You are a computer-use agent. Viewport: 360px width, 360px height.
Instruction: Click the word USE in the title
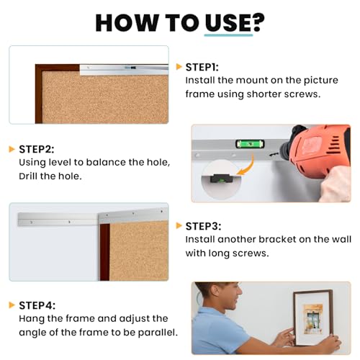(x=228, y=23)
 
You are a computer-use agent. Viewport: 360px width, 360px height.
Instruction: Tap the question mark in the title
(x=258, y=22)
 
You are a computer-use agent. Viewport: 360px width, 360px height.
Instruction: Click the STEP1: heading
(x=202, y=67)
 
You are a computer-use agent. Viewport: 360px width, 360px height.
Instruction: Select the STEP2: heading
(x=37, y=149)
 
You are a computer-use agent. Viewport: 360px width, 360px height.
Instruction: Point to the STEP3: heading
(x=203, y=226)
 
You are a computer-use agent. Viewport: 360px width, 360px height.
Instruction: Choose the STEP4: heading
(x=37, y=305)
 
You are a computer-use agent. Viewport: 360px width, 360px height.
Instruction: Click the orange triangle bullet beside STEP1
(x=179, y=67)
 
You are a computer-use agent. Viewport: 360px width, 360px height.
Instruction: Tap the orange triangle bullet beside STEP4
(x=12, y=305)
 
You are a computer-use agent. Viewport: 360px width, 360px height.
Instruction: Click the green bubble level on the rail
(x=250, y=144)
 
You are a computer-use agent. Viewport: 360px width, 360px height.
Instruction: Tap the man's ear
(x=215, y=291)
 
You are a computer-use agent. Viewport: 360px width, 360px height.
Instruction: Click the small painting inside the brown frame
(x=313, y=319)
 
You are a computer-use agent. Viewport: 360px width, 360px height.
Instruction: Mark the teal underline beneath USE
(x=228, y=35)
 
